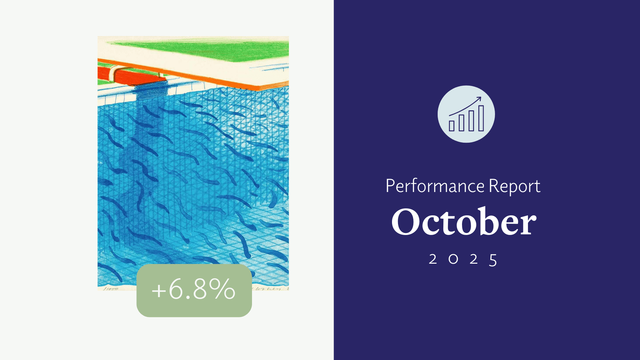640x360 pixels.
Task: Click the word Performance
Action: coord(435,186)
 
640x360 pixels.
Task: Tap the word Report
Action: coord(514,186)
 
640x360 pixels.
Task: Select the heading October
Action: coord(464,222)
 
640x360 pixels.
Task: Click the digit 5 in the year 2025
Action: coord(493,260)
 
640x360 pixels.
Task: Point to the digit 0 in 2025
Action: coord(453,259)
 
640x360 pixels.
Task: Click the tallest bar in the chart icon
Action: coord(481,118)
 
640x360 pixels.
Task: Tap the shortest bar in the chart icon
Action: coord(452,126)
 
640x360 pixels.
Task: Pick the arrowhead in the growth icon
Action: coord(479,98)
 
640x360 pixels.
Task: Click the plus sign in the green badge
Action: coord(159,290)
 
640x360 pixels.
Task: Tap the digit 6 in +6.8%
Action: coord(175,289)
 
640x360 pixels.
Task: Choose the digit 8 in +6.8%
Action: coord(200,289)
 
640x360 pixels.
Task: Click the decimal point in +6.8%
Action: coord(187,296)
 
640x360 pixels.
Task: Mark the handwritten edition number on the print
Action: coord(111,289)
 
